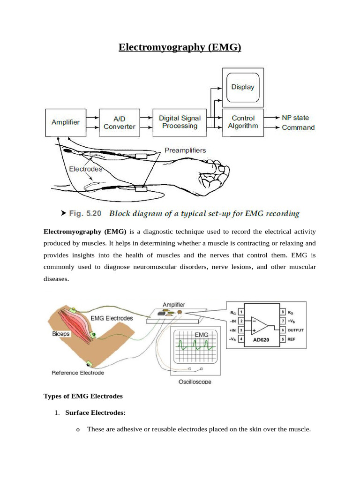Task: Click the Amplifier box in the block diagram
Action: click(x=66, y=122)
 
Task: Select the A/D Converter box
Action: click(x=119, y=123)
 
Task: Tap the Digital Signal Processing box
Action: click(x=180, y=122)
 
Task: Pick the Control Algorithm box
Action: click(x=242, y=122)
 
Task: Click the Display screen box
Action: click(x=242, y=87)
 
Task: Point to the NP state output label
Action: click(x=295, y=118)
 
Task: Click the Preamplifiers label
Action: click(x=185, y=150)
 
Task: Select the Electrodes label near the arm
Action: click(x=85, y=169)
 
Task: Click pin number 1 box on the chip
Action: click(x=241, y=311)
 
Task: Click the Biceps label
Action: click(x=62, y=335)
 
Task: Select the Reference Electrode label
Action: click(x=78, y=373)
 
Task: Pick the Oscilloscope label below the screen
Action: click(x=195, y=382)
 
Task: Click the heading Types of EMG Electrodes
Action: click(x=83, y=396)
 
